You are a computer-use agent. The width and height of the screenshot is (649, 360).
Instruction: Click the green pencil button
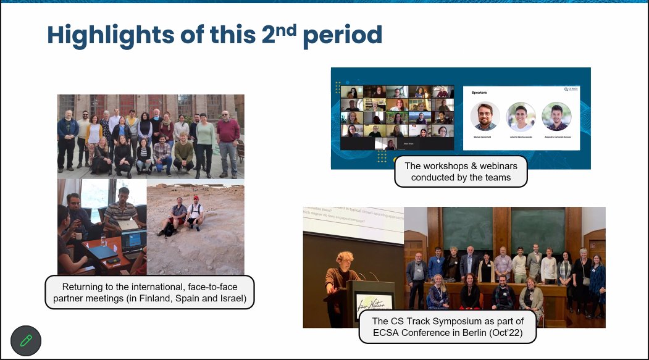tap(26, 340)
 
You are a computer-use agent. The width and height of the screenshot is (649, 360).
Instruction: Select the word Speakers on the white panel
tap(479, 92)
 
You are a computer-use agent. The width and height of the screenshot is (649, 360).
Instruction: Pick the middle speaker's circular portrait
tap(521, 116)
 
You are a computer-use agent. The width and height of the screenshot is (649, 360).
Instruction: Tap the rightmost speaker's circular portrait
tap(556, 116)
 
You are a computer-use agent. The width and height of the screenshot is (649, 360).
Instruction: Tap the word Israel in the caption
tap(235, 299)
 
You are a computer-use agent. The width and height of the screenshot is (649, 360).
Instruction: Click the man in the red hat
tap(196, 210)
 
